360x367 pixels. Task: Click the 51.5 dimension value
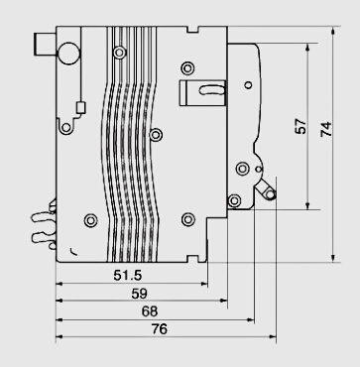click(x=128, y=275)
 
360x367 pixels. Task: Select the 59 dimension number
click(x=139, y=294)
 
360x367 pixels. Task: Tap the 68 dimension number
click(x=150, y=311)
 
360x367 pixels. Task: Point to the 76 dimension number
click(x=160, y=329)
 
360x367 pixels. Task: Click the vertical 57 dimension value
click(x=300, y=126)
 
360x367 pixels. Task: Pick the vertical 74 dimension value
click(x=326, y=129)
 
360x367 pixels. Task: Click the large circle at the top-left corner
click(x=69, y=53)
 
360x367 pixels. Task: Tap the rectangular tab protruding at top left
click(x=45, y=44)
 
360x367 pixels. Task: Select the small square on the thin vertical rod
click(x=80, y=108)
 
